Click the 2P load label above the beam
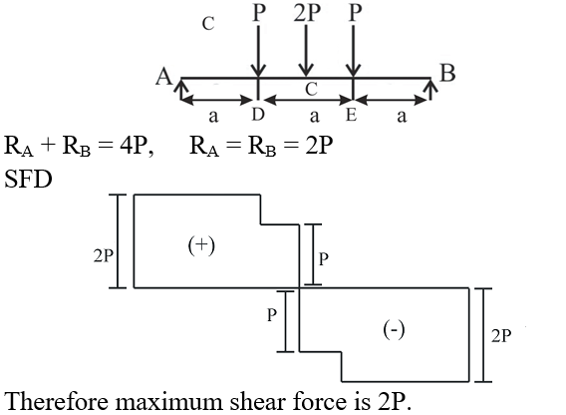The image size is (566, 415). pyautogui.click(x=307, y=13)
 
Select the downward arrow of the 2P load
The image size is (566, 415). pyautogui.click(x=306, y=51)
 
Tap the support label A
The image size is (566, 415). pyautogui.click(x=163, y=77)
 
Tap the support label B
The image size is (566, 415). pyautogui.click(x=447, y=73)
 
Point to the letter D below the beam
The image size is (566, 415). pyautogui.click(x=258, y=115)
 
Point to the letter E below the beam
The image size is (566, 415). pyautogui.click(x=351, y=116)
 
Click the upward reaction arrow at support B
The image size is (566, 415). pyautogui.click(x=430, y=89)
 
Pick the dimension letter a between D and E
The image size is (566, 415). pyautogui.click(x=315, y=117)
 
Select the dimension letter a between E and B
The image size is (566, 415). pyautogui.click(x=402, y=117)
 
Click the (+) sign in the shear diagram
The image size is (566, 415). pyautogui.click(x=201, y=245)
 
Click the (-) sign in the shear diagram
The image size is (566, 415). pyautogui.click(x=394, y=329)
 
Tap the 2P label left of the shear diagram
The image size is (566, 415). pyautogui.click(x=104, y=256)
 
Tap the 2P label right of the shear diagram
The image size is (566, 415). pyautogui.click(x=501, y=336)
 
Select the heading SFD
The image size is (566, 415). pyautogui.click(x=28, y=179)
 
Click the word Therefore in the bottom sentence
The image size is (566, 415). pyautogui.click(x=57, y=401)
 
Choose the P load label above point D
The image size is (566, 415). pyautogui.click(x=259, y=13)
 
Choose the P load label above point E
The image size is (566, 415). pyautogui.click(x=355, y=13)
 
